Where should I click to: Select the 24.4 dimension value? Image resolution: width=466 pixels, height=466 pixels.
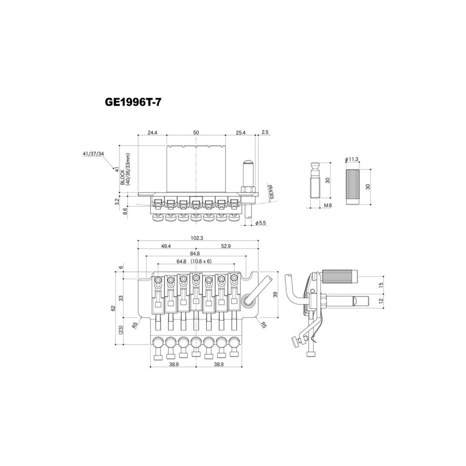152,132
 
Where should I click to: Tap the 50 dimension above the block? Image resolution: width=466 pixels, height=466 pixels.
196,132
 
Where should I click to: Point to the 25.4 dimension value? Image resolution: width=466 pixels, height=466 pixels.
241,132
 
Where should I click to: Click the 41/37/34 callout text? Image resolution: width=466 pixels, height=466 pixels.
93,154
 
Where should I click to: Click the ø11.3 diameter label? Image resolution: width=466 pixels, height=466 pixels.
352,159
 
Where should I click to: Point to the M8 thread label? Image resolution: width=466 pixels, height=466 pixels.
327,206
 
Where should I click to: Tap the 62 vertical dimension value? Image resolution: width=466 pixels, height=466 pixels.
114,308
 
